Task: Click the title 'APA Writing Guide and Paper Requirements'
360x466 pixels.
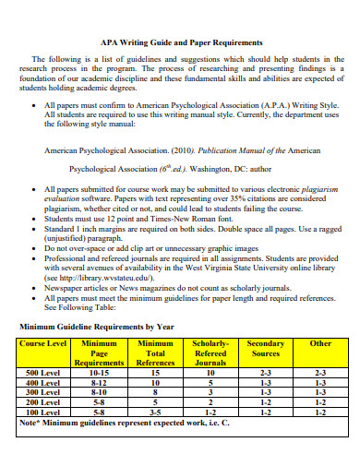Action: pyautogui.click(x=181, y=42)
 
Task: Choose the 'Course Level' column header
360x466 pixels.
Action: pyautogui.click(x=42, y=343)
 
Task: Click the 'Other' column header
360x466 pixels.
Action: pyautogui.click(x=320, y=343)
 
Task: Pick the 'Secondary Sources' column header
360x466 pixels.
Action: pyautogui.click(x=266, y=348)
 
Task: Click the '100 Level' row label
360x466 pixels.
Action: pyautogui.click(x=43, y=412)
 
